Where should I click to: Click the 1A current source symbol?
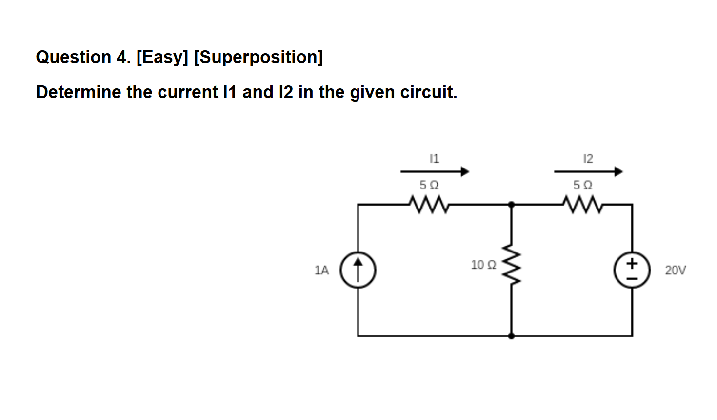pyautogui.click(x=358, y=270)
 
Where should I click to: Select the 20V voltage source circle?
pyautogui.click(x=632, y=270)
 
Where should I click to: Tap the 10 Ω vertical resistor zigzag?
pyautogui.click(x=511, y=264)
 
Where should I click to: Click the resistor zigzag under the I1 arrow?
pyautogui.click(x=429, y=205)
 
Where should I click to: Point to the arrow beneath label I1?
pyautogui.click(x=434, y=171)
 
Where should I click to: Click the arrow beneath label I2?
pyautogui.click(x=588, y=171)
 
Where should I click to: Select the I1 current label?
pyautogui.click(x=434, y=158)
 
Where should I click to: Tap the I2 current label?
pyautogui.click(x=588, y=158)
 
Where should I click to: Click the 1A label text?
pyautogui.click(x=322, y=270)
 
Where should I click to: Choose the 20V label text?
pyautogui.click(x=675, y=270)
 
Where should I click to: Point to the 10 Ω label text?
pyautogui.click(x=483, y=265)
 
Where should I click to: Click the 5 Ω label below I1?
pyautogui.click(x=429, y=185)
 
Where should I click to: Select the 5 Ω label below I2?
pyautogui.click(x=582, y=185)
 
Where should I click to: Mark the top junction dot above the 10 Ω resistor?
pyautogui.click(x=511, y=205)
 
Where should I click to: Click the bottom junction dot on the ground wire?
pyautogui.click(x=511, y=336)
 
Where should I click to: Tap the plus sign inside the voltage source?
pyautogui.click(x=632, y=263)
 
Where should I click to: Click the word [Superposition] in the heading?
pyautogui.click(x=259, y=57)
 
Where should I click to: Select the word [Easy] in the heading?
pyautogui.click(x=162, y=57)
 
